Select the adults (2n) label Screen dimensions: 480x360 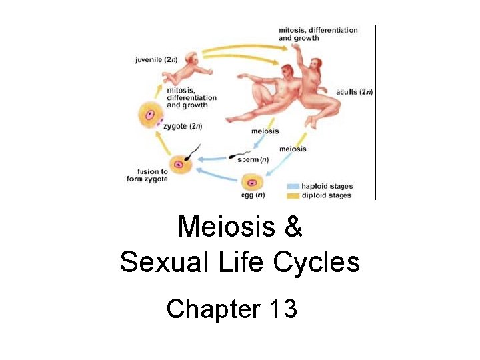tap(355, 92)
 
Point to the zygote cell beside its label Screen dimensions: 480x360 tap(151, 117)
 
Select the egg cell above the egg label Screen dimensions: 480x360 tap(252, 182)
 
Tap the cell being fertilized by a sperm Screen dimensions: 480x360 tap(179, 163)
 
